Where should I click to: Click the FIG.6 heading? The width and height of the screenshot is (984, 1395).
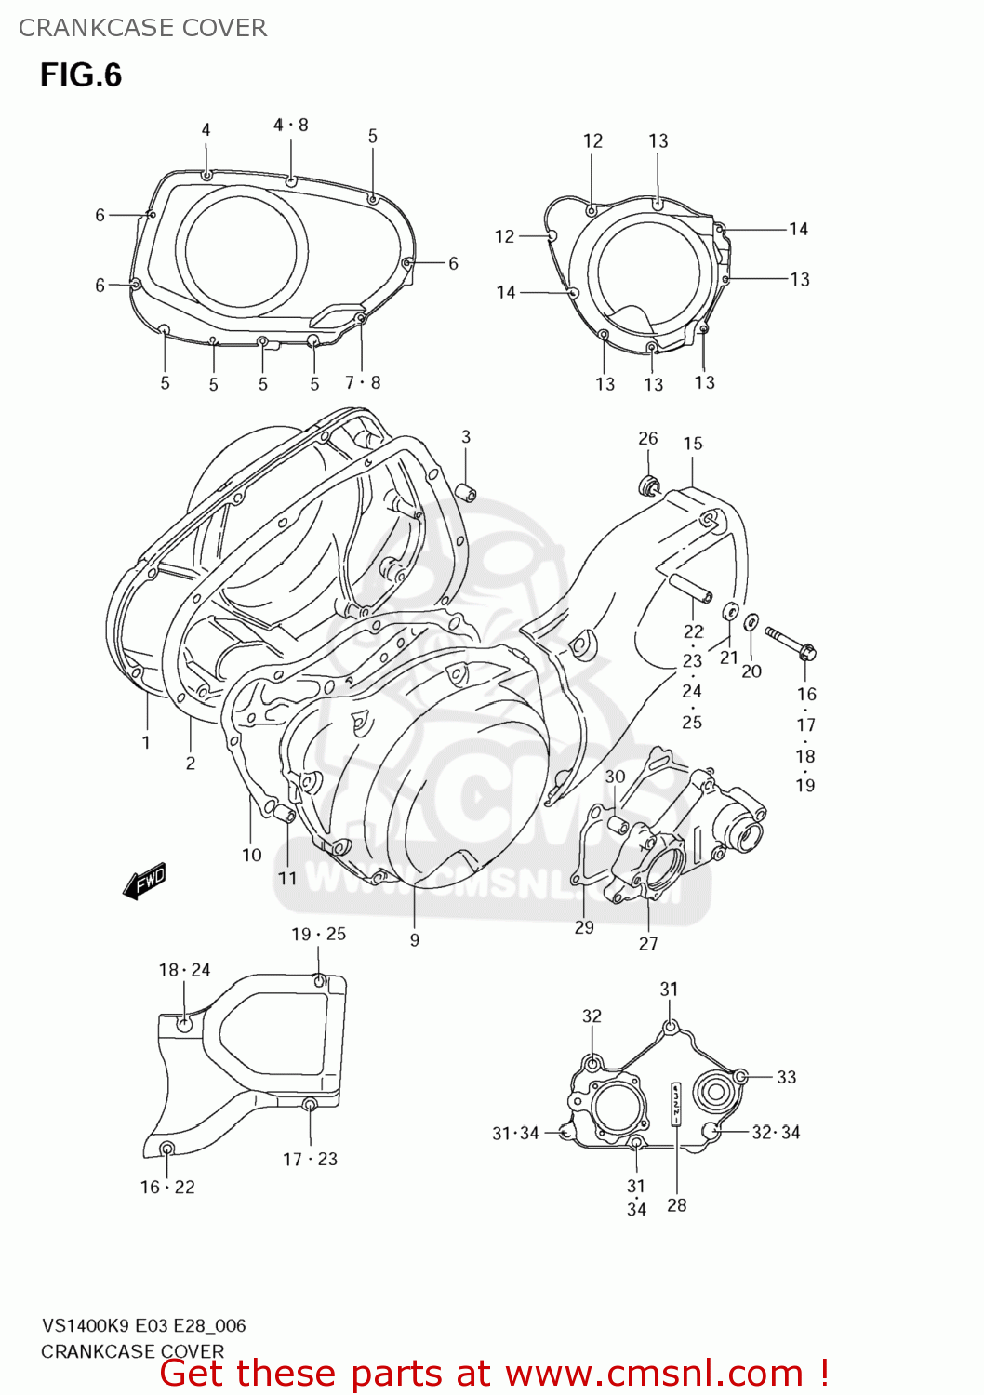81,75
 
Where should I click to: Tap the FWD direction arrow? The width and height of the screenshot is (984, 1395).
144,881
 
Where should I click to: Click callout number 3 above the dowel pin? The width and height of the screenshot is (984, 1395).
466,436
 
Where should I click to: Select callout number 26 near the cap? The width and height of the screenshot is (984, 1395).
648,438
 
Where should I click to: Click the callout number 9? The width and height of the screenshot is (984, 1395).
415,940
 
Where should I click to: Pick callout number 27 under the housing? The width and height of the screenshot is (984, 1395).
648,944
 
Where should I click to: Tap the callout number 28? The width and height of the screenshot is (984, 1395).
677,1205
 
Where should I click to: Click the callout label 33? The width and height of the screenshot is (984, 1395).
787,1077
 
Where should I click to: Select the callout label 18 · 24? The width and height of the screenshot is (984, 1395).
184,970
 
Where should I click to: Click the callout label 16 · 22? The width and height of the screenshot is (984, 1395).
167,1188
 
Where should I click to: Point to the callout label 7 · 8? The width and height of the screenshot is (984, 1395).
363,382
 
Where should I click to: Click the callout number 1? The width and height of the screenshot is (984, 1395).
146,742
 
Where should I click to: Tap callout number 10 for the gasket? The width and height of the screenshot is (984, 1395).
252,855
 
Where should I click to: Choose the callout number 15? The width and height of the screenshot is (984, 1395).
693,444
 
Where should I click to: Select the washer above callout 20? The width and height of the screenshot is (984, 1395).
751,621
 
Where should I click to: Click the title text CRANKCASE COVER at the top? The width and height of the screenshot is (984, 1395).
143,28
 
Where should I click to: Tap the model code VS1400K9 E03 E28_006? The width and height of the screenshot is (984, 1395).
143,1326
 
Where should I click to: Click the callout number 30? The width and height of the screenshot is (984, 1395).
616,777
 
